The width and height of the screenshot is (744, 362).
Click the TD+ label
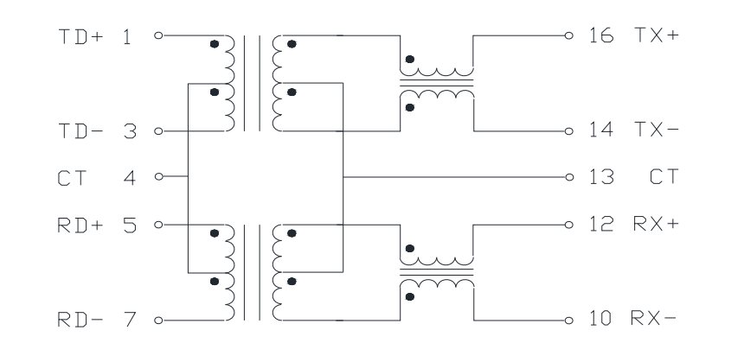tap(80, 36)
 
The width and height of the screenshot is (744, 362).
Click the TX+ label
tap(657, 35)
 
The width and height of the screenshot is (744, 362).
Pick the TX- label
tap(657, 129)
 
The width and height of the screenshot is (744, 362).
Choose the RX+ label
tap(657, 223)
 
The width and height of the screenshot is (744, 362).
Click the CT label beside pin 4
tap(72, 178)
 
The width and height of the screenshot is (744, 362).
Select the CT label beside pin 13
tap(664, 177)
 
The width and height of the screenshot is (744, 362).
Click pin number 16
tap(601, 35)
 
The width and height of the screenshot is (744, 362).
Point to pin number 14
tap(601, 129)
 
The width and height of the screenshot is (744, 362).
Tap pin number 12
tap(601, 223)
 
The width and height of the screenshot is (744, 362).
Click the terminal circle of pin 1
tap(159, 35)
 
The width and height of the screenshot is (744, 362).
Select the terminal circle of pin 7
tap(159, 321)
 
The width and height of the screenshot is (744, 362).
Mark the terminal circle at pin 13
tap(569, 177)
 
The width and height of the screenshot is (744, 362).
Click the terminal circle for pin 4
tap(159, 176)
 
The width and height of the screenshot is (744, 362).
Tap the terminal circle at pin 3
tap(159, 130)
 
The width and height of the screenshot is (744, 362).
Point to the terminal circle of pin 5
tap(159, 225)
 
